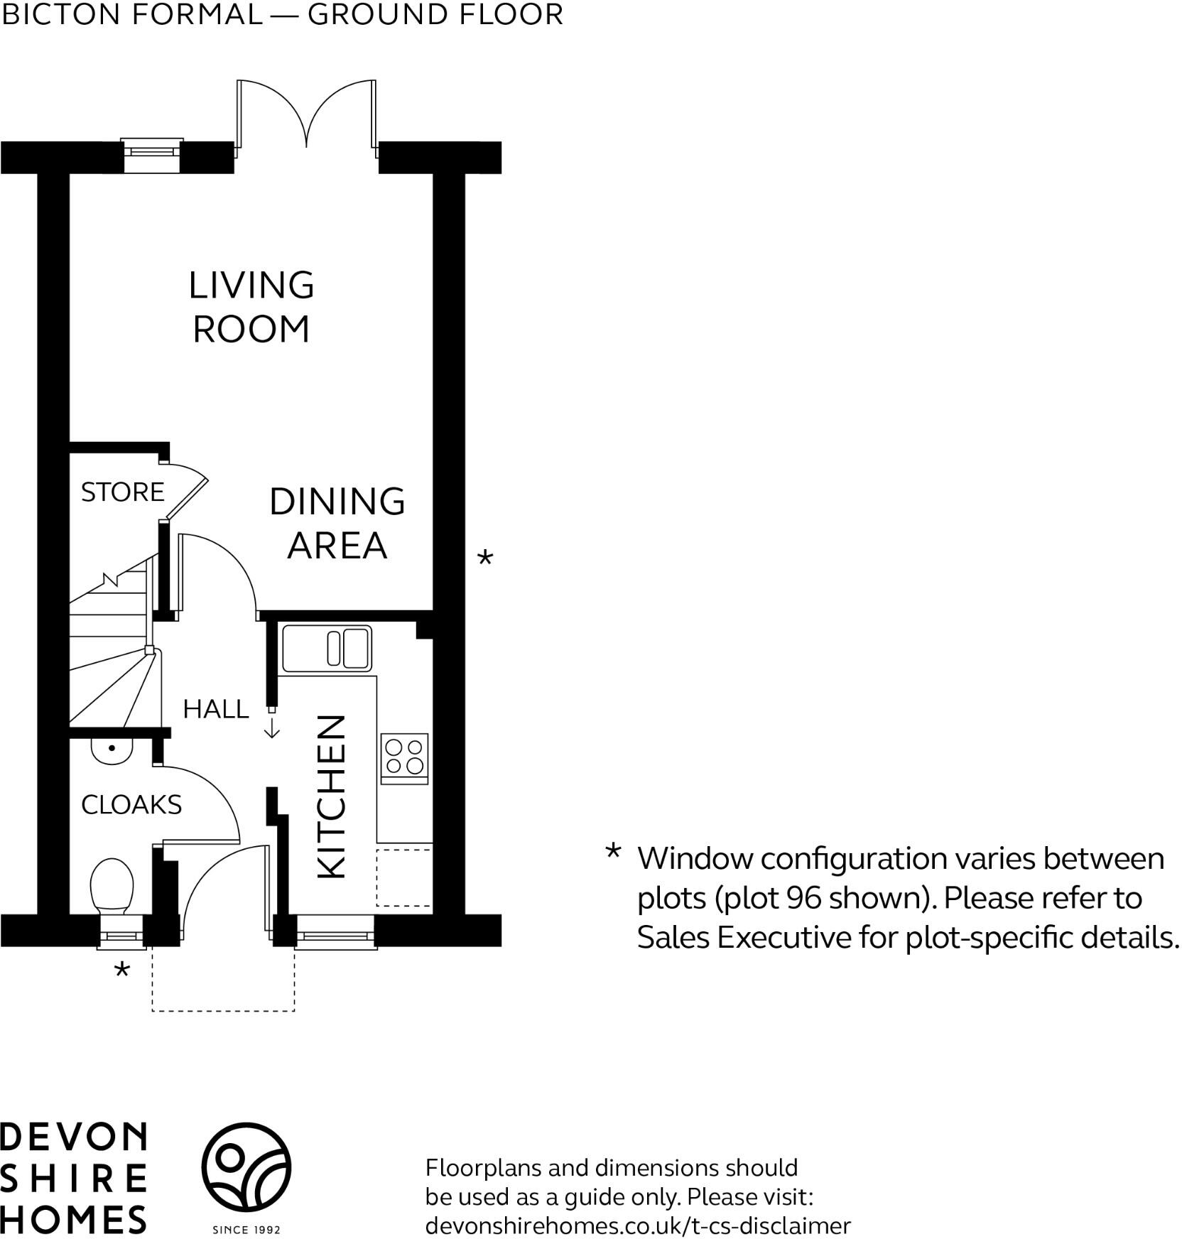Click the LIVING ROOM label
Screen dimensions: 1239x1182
pos(251,307)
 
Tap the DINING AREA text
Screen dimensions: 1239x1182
pos(337,524)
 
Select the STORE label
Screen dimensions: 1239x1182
pos(122,492)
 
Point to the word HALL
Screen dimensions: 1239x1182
pos(215,709)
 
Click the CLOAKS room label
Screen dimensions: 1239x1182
pos(131,805)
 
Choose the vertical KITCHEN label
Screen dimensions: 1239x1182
pos(332,796)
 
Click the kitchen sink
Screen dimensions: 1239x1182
pos(327,649)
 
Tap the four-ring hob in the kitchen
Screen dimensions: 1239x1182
pos(405,757)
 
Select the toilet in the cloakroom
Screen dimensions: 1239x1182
pos(112,889)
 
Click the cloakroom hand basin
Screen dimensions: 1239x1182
pos(112,751)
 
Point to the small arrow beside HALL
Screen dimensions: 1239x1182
pos(272,729)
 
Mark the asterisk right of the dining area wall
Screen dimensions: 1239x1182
pos(484,558)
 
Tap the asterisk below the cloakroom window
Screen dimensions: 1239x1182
pos(122,970)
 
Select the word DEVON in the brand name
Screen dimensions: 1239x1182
pos(73,1137)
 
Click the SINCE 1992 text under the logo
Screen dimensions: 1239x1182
pos(246,1229)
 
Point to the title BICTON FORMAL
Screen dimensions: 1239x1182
pos(133,15)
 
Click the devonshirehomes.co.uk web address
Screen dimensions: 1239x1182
pos(637,1226)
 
